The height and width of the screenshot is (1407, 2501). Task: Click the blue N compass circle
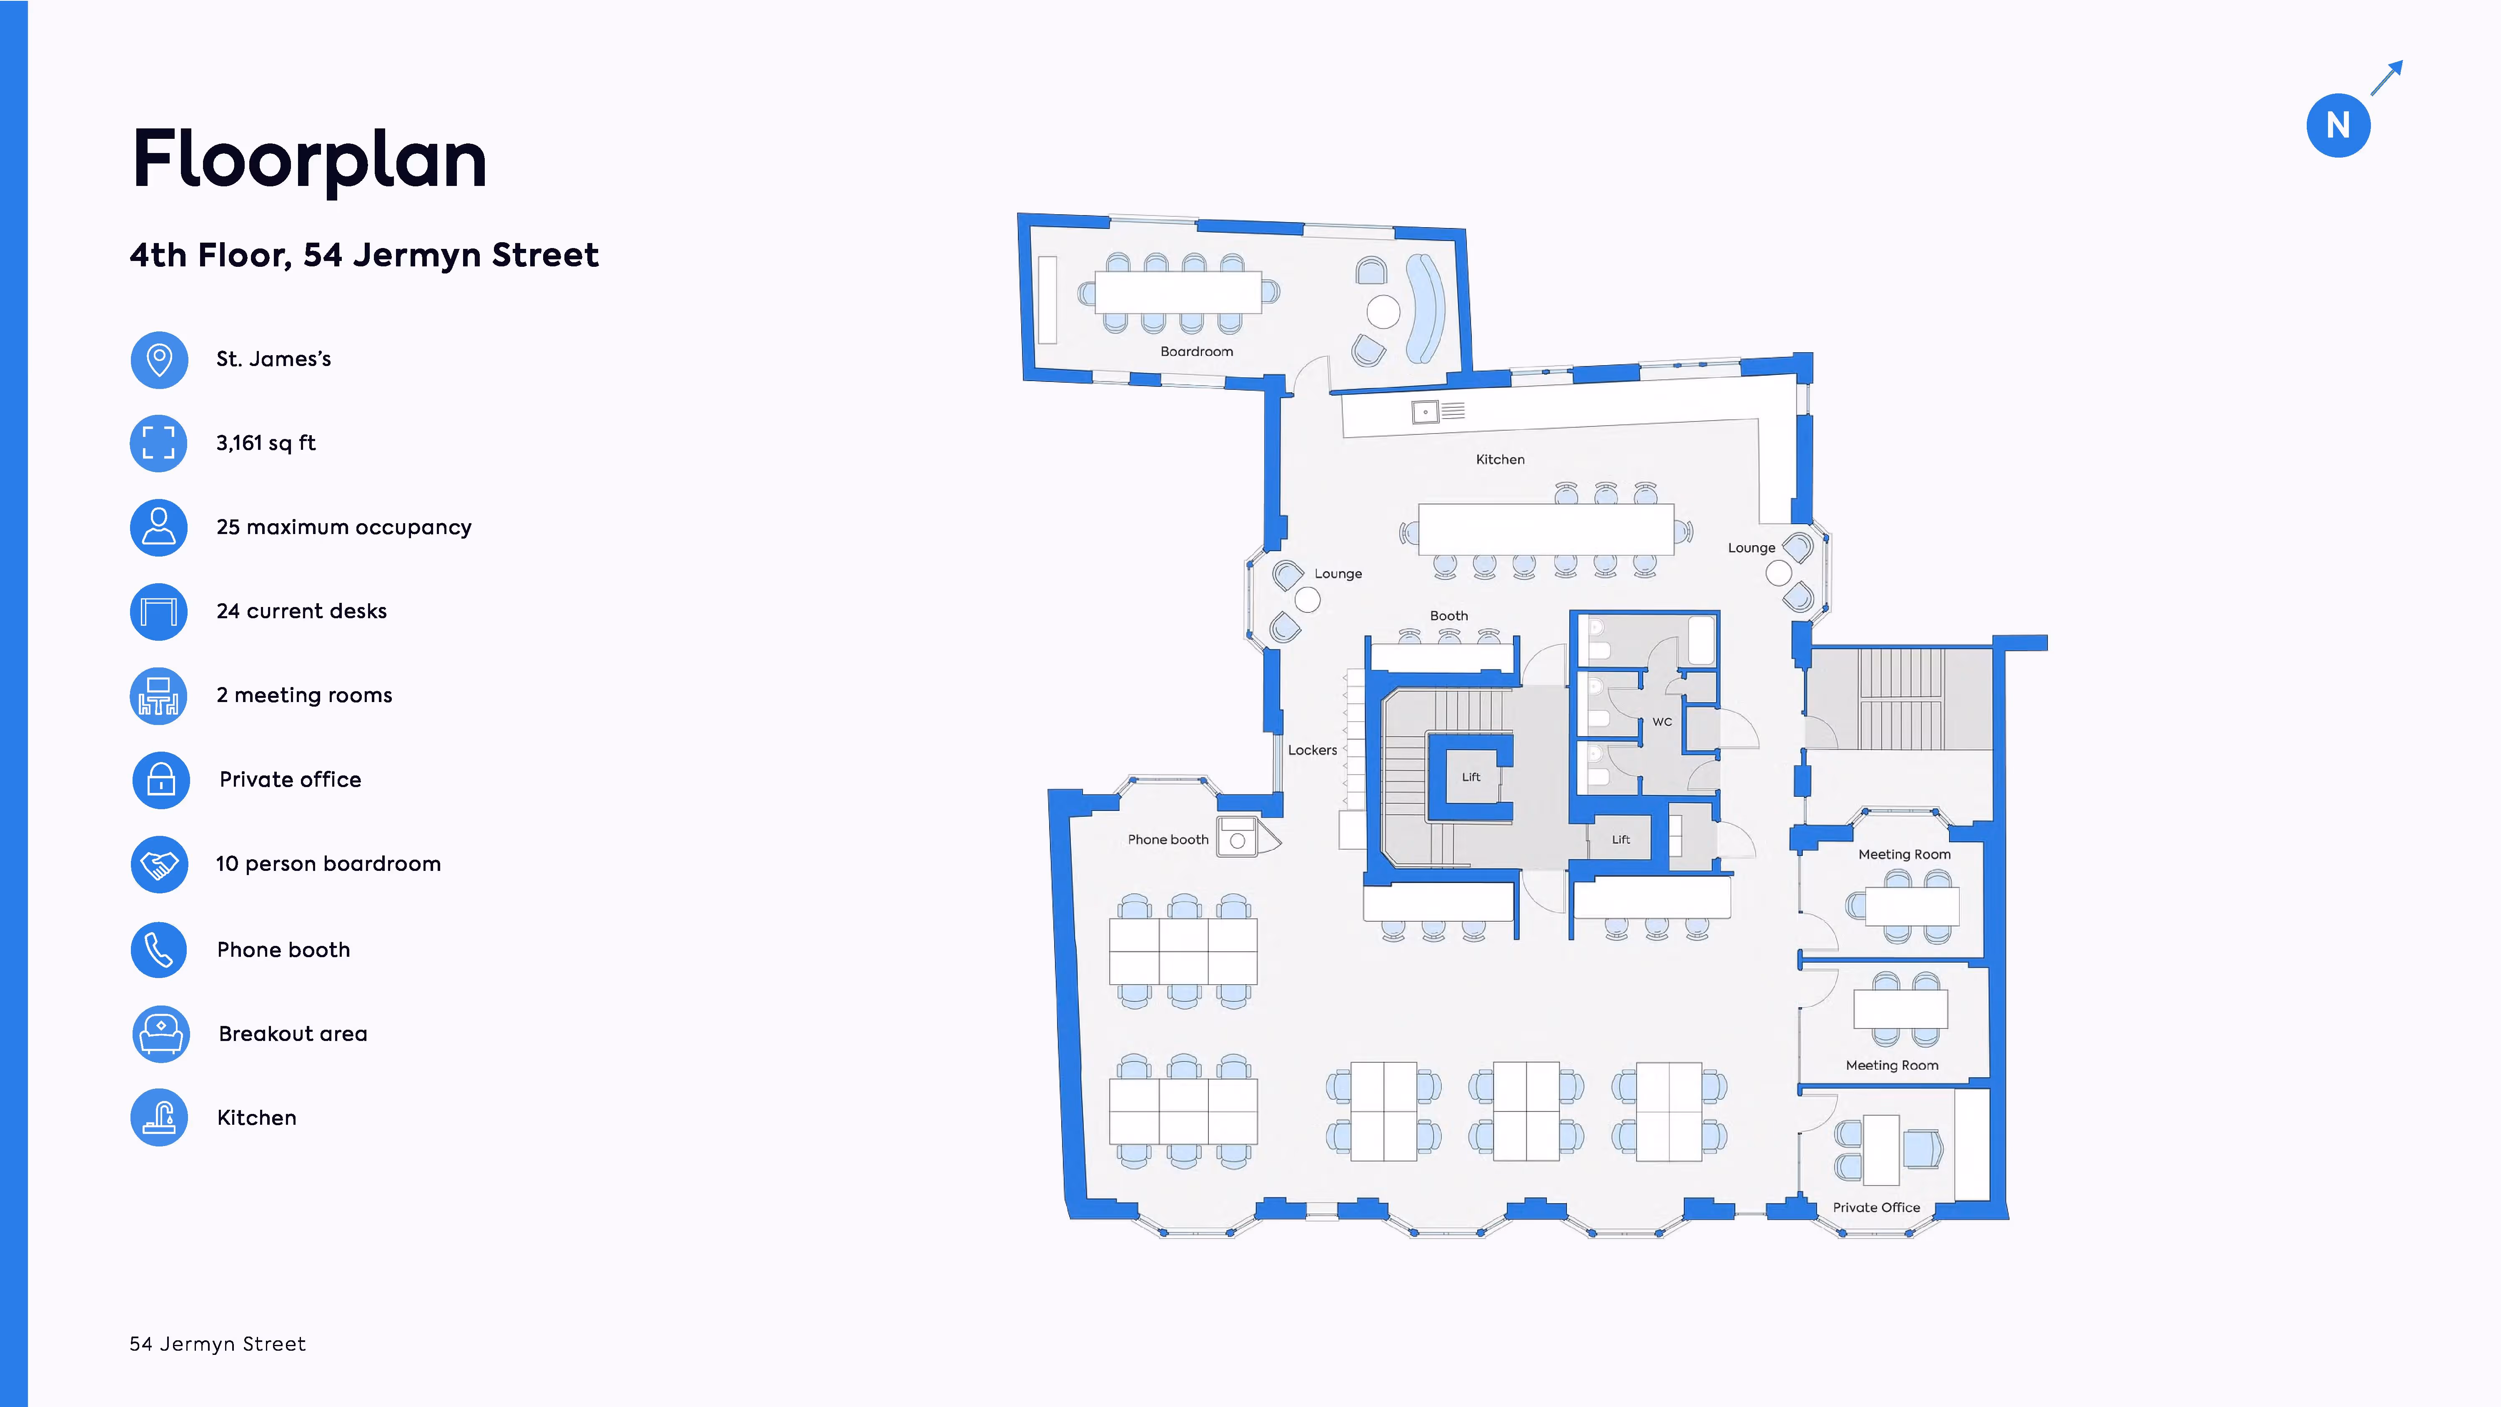2337,125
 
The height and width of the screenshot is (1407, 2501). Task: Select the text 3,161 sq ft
265,443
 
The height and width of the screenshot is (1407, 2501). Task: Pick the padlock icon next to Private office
160,780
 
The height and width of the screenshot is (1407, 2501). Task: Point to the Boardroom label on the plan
1196,351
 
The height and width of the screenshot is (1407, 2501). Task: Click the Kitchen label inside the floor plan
1500,459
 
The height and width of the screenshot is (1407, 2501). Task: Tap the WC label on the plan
1661,722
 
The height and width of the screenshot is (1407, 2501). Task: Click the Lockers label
1312,750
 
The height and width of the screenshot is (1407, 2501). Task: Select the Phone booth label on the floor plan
1167,839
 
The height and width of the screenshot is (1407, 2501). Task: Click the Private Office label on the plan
1876,1207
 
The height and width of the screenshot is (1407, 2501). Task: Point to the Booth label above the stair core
1448,616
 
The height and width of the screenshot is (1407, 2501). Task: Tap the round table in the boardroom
1383,312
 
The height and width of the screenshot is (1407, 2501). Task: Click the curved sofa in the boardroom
1425,307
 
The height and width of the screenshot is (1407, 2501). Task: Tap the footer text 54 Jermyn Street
218,1344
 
